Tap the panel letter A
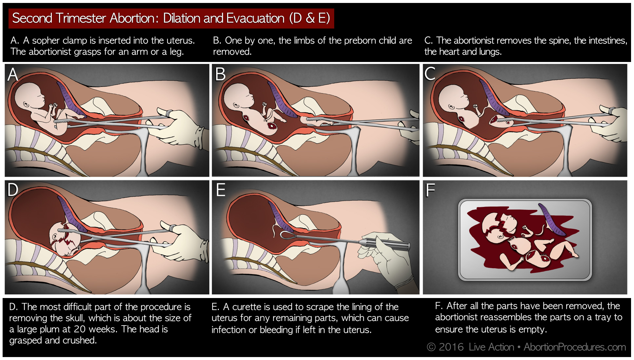pyautogui.click(x=13, y=74)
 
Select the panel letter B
pyautogui.click(x=220, y=74)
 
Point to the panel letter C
pyautogui.click(x=430, y=74)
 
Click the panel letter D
pyautogui.click(x=13, y=190)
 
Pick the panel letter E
pyautogui.click(x=221, y=190)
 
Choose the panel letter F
pyautogui.click(x=430, y=190)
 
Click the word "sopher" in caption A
pyautogui.click(x=46, y=41)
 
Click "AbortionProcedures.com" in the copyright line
pyautogui.click(x=575, y=347)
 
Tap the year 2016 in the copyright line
pyautogui.click(x=451, y=347)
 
